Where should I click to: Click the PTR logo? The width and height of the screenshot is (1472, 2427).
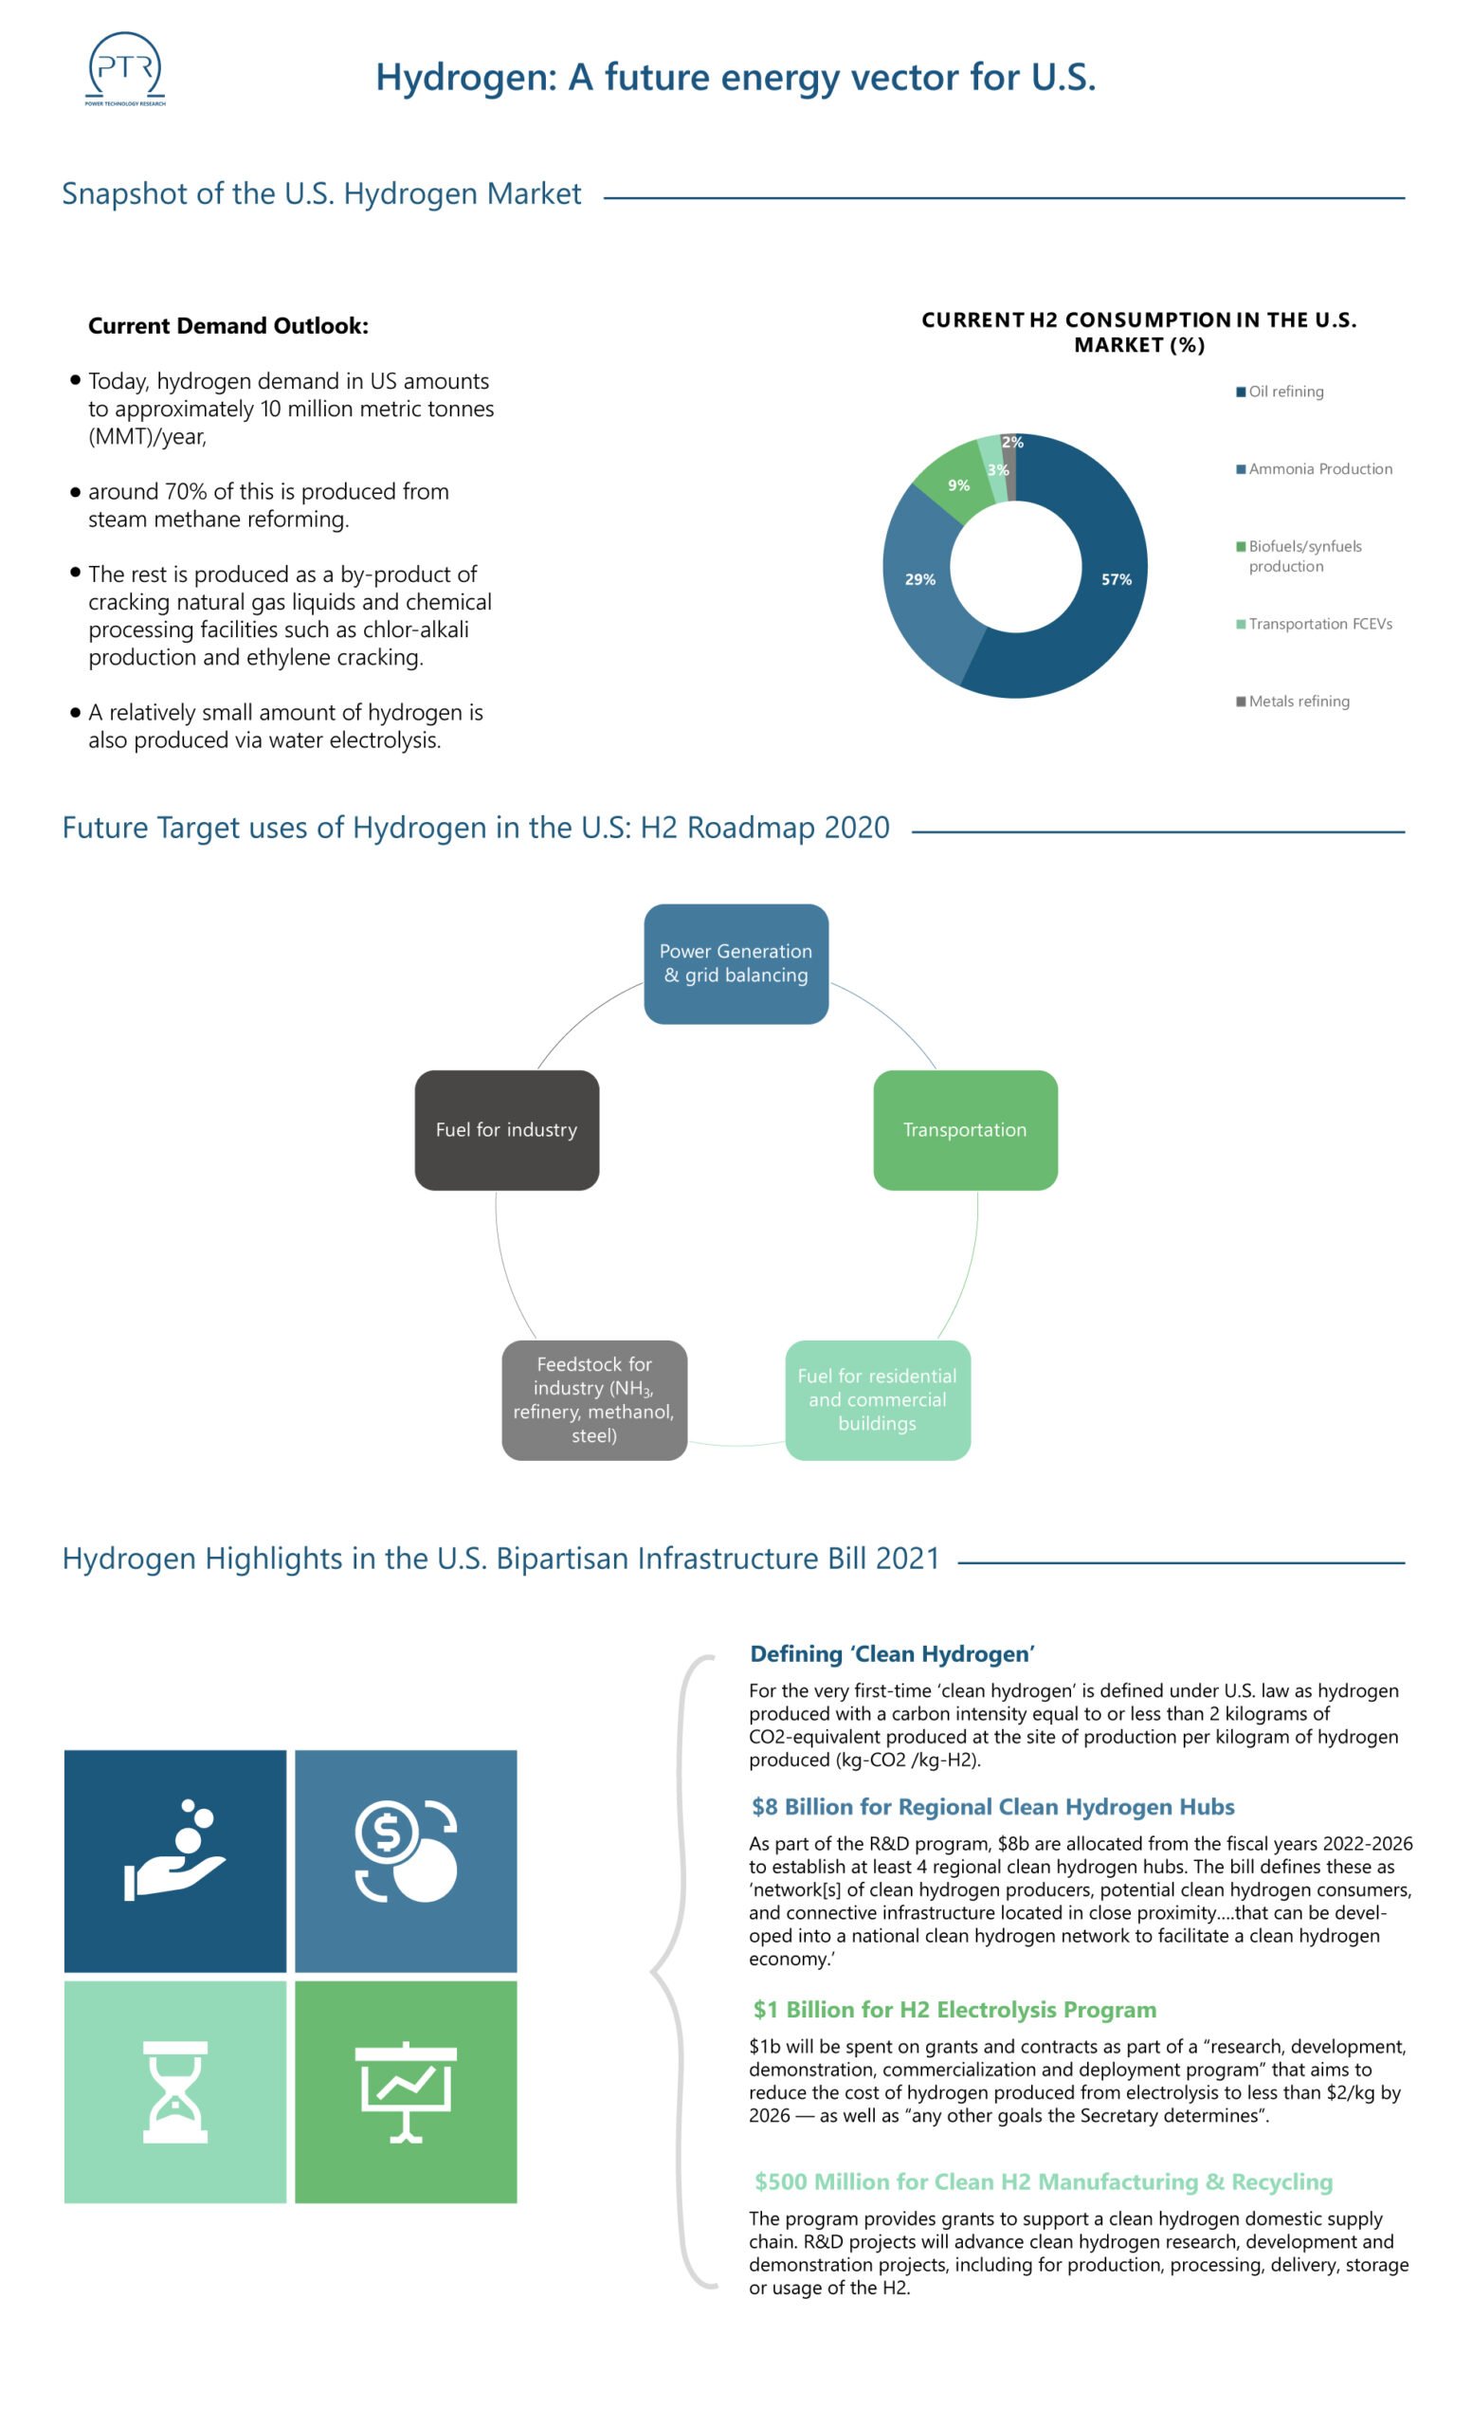[x=125, y=68]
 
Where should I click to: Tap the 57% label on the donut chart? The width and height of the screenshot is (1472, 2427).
[x=1116, y=579]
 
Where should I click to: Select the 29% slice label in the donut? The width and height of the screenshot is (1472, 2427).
[x=919, y=579]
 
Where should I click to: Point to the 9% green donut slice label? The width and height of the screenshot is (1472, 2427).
[x=958, y=485]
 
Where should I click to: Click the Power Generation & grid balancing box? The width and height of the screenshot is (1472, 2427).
[x=736, y=963]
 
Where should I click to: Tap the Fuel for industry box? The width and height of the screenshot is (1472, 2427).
[x=506, y=1130]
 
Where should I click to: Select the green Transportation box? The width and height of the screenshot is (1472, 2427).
[x=965, y=1130]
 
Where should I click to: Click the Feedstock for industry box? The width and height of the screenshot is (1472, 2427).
[x=593, y=1398]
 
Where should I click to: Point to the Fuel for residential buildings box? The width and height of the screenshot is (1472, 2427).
[x=878, y=1398]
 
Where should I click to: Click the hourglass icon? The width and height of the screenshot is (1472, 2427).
[x=175, y=2091]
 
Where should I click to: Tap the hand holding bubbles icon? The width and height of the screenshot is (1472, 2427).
[x=175, y=1850]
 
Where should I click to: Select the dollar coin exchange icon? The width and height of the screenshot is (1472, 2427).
[x=406, y=1850]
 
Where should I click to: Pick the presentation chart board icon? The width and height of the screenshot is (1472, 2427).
[x=406, y=2091]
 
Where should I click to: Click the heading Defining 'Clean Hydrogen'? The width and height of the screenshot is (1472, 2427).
[x=891, y=1653]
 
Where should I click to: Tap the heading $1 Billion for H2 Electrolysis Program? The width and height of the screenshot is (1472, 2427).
[x=954, y=2009]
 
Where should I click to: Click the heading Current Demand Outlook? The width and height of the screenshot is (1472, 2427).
[x=228, y=326]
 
